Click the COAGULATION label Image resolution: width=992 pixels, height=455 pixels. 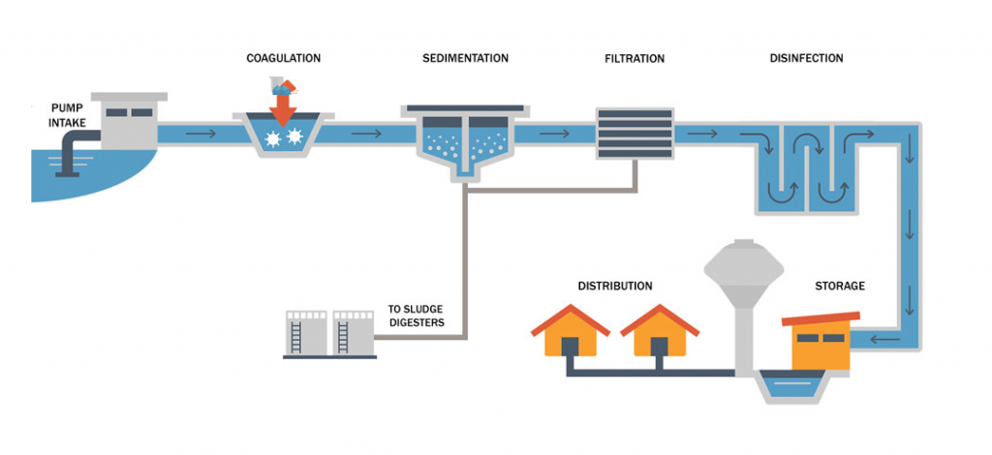pyautogui.click(x=283, y=58)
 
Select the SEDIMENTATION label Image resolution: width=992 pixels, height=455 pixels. pyautogui.click(x=465, y=58)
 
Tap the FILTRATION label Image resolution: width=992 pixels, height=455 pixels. pyautogui.click(x=635, y=58)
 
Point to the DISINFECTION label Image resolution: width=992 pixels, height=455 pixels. pyautogui.click(x=806, y=58)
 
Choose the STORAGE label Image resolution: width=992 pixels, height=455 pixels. pyautogui.click(x=840, y=287)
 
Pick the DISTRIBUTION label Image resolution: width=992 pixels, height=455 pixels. pyautogui.click(x=615, y=287)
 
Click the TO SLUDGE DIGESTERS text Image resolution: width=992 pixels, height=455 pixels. pyautogui.click(x=416, y=316)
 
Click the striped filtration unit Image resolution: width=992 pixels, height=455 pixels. pyautogui.click(x=635, y=133)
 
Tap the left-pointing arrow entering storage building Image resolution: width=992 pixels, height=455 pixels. pyautogui.click(x=883, y=339)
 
